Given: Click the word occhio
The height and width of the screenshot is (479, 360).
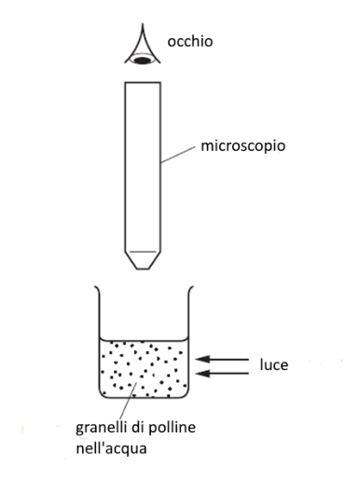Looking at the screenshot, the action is (x=190, y=41).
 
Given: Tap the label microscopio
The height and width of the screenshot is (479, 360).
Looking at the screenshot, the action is (x=242, y=146).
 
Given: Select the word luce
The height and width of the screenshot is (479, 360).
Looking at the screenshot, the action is (x=274, y=364).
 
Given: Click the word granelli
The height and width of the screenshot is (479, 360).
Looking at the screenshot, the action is (x=102, y=429).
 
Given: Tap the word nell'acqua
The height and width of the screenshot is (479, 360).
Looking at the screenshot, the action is (x=111, y=449).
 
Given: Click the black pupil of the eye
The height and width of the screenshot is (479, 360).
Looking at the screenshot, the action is (x=142, y=60).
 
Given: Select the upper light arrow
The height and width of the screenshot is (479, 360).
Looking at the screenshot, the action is (x=222, y=360).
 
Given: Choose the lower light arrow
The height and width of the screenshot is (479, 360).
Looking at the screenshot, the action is (x=223, y=373).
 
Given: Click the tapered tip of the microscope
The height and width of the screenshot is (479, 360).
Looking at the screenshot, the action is (x=143, y=260).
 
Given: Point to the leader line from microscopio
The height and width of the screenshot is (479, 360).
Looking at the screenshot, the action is (x=178, y=155).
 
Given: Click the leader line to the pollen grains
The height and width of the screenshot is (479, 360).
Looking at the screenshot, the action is (x=128, y=401).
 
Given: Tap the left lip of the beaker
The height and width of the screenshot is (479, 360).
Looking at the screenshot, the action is (x=97, y=290).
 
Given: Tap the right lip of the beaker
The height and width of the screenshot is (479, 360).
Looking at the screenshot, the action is (x=190, y=290).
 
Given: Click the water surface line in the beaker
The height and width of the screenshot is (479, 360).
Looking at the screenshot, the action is (x=144, y=340).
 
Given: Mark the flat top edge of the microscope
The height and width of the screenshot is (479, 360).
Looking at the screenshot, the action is (x=143, y=82).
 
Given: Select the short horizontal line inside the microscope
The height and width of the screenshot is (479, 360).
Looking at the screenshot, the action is (x=143, y=252).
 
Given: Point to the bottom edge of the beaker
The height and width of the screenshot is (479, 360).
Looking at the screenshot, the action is (x=144, y=397).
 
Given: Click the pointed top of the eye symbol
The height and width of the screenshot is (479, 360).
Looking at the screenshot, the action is (x=143, y=24).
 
